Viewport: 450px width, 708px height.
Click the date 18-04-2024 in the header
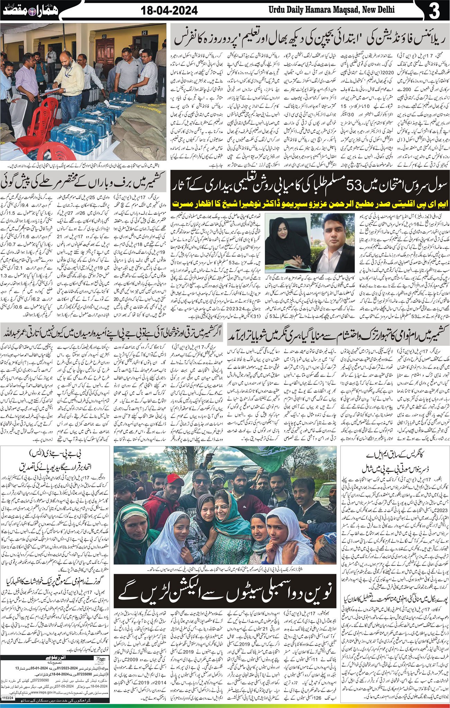coord(170,11)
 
